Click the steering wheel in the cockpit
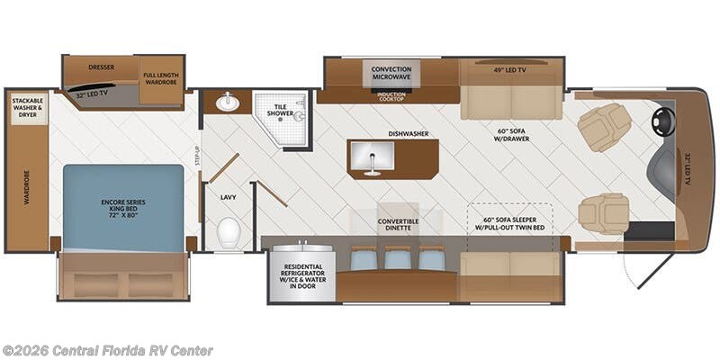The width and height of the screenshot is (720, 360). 663,123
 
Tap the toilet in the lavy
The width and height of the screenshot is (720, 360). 228,232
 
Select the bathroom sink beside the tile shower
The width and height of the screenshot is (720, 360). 228,103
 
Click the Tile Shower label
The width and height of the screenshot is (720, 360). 281,109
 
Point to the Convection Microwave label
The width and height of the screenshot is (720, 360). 391,73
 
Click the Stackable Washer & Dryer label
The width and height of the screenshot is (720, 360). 28,107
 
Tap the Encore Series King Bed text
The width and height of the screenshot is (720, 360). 123,208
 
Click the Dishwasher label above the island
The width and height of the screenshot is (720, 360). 409,133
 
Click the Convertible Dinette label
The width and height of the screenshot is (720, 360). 398,224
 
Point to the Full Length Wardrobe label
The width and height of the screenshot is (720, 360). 161,78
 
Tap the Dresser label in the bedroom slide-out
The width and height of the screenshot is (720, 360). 101,67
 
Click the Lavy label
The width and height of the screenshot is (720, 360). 228,197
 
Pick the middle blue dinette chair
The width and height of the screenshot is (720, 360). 398,258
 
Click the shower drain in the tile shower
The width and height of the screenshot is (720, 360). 281,120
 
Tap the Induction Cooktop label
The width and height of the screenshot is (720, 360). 391,97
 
